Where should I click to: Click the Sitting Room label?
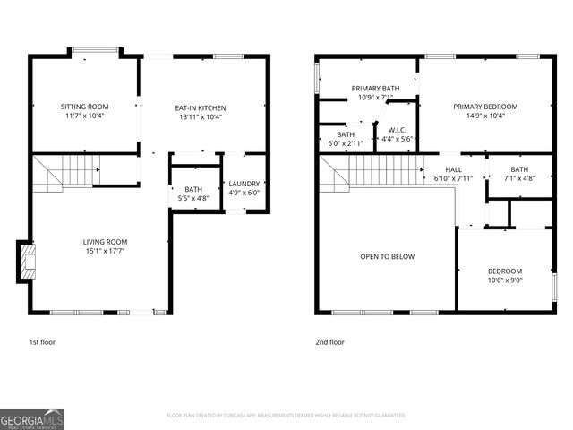pos(85,107)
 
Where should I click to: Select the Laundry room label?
pos(244,184)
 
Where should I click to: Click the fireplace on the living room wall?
pos(28,260)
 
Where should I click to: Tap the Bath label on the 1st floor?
pos(193,189)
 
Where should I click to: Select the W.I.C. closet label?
pos(397,130)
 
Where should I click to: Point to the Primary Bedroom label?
pos(484,107)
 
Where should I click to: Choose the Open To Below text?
pos(388,257)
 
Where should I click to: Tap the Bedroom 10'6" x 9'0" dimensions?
pos(505,280)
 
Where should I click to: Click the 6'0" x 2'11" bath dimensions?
pos(345,143)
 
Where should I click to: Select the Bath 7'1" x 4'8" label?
pos(519,169)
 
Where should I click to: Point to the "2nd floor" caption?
pos(329,342)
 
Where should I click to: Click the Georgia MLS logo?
pos(32,418)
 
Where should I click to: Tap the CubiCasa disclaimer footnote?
pos(286,416)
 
